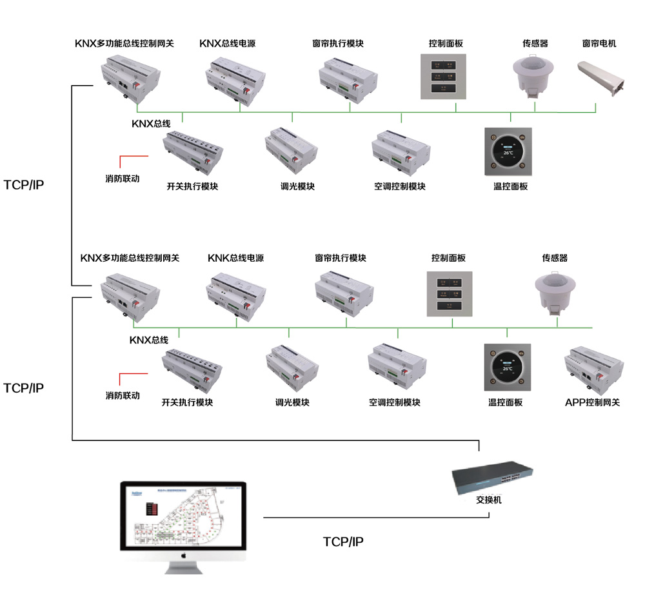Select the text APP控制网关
click(592, 402)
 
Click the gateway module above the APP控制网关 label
click(593, 367)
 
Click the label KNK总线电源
click(235, 258)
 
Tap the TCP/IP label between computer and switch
click(343, 542)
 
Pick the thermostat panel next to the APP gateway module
click(508, 367)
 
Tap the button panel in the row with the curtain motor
click(444, 77)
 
